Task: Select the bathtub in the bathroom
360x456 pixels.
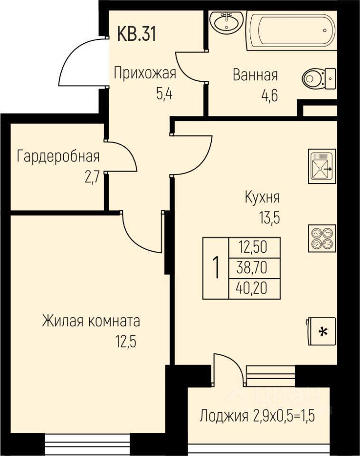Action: point(291,30)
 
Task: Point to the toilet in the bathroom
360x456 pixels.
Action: point(319,78)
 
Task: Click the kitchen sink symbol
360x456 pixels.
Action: point(322,166)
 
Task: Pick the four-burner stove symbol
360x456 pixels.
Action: point(322,238)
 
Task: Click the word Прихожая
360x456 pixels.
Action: point(145,73)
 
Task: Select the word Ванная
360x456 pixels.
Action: point(255,75)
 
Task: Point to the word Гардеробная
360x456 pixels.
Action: point(58,156)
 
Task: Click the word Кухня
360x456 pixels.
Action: point(262,198)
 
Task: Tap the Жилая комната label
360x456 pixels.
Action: point(91,321)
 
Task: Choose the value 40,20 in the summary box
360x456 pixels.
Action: point(252,288)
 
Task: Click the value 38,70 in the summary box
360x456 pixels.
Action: point(252,268)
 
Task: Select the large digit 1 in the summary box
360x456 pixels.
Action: point(216,268)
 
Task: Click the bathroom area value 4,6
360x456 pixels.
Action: point(270,95)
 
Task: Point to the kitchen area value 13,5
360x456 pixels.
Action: point(270,218)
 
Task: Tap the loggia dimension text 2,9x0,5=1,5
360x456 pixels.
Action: point(284,417)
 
